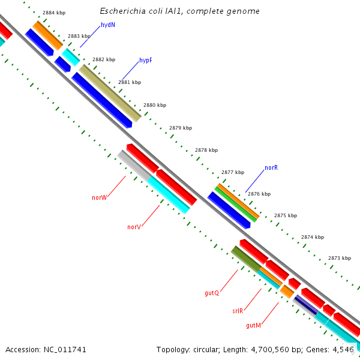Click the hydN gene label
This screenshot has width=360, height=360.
coord(108,25)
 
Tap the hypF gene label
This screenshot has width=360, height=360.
coord(146,61)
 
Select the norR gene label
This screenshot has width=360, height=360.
coord(271,168)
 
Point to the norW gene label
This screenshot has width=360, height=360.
coord(99,197)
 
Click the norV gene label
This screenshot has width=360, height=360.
coord(134,227)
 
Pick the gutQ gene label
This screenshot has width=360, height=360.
coord(211,293)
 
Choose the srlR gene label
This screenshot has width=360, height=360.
coord(238,311)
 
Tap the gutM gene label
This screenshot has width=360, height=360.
coord(253,325)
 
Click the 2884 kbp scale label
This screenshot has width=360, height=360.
coord(54,12)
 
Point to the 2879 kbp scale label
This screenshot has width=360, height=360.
coord(180,128)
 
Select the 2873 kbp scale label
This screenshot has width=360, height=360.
coord(339,258)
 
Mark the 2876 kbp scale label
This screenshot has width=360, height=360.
coord(259,194)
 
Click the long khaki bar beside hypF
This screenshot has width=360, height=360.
coord(110,92)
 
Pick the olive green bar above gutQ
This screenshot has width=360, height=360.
coord(246,258)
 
